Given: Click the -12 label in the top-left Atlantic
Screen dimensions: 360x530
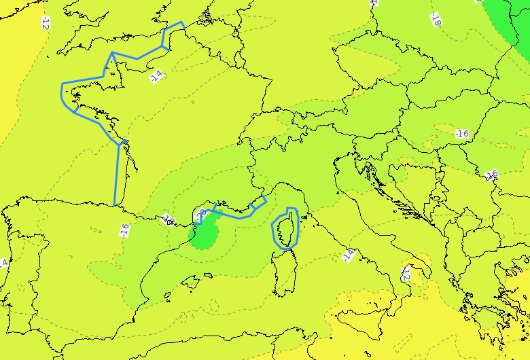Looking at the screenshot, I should click(45, 23).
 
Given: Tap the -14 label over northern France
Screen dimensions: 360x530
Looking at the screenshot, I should click(157, 75).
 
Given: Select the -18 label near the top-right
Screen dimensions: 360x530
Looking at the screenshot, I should click(436, 19).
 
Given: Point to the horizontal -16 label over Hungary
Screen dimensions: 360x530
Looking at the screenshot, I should click(461, 133).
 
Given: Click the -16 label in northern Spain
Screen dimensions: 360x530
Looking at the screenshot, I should click(124, 230).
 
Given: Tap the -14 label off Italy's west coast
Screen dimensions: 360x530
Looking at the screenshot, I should click(347, 255).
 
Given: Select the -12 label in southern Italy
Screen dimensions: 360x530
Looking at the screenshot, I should click(406, 274).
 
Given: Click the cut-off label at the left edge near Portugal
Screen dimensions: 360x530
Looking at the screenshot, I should click(3, 263).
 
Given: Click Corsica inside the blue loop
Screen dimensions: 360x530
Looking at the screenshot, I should click(287, 228).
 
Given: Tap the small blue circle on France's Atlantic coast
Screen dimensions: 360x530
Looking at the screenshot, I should click(125, 141).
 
